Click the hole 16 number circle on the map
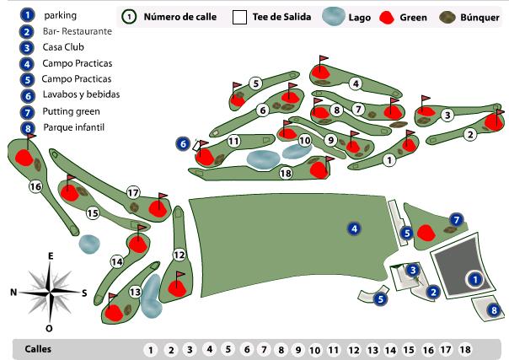[35, 185]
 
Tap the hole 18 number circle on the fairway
[285, 173]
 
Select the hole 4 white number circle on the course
[356, 83]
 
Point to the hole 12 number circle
[179, 255]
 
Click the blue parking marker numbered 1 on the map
[474, 277]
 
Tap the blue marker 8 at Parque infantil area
[495, 310]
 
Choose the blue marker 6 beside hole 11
[183, 143]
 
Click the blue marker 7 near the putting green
[457, 220]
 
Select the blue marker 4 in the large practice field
[355, 228]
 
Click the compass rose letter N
[13, 293]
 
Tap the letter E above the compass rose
[51, 255]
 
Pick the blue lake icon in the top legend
[334, 16]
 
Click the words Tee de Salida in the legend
[281, 16]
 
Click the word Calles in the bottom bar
[38, 348]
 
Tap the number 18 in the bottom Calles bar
[465, 349]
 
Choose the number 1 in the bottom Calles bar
[150, 349]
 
